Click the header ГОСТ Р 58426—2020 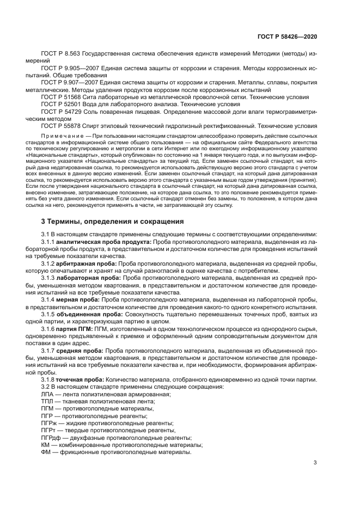[x=287, y=35]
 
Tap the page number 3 [x=315, y=463]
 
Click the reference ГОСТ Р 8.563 [x=60, y=55]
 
